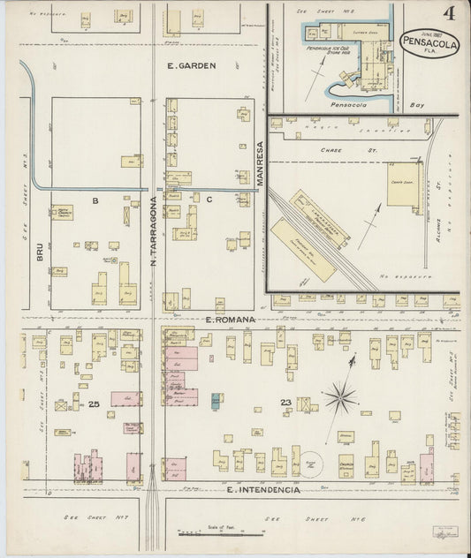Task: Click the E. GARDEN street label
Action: tap(191, 65)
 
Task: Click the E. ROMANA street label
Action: tap(229, 317)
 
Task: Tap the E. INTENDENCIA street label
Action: tap(264, 488)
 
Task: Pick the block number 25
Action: tap(94, 403)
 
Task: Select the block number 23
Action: tap(285, 403)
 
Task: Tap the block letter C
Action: tap(209, 200)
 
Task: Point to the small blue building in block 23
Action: tap(217, 400)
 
